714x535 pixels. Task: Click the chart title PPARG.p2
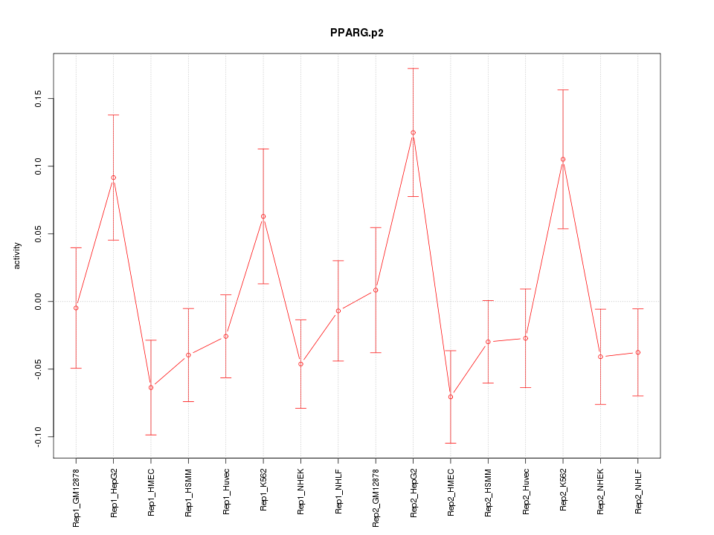(357, 33)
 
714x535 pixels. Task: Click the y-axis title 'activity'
(18, 256)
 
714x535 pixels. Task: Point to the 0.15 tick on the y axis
(38, 99)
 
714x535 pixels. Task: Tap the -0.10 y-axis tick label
(38, 437)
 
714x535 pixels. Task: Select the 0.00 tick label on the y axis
(38, 302)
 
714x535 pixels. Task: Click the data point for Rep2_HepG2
(413, 132)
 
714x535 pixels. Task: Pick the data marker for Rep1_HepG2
(113, 178)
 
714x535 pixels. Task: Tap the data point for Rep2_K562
(563, 159)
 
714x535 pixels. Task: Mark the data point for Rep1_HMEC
(151, 387)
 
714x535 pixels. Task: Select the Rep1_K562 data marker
(263, 216)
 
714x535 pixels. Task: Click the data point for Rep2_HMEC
(451, 397)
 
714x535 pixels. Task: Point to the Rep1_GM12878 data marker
(76, 308)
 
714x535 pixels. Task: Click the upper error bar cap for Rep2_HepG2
(413, 68)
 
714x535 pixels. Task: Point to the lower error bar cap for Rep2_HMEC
(451, 443)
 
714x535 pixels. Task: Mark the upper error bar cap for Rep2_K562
(563, 90)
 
